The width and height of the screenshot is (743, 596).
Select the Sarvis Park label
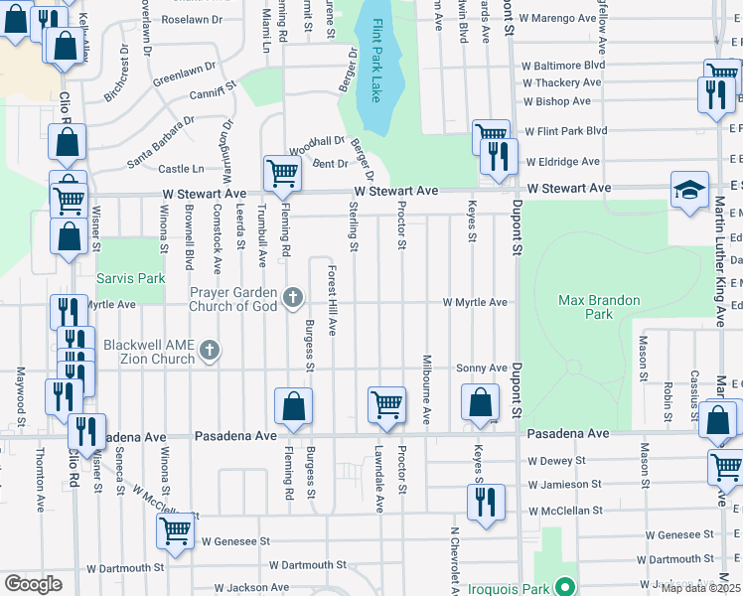point(130,279)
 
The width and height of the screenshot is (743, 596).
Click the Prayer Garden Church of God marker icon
point(292,297)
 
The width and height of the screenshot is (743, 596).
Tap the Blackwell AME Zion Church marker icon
point(209,350)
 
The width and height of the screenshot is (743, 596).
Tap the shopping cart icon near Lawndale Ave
point(386,404)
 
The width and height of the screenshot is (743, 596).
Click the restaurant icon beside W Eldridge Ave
point(499,156)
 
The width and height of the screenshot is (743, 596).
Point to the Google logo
point(33,584)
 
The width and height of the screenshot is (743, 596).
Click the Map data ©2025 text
point(701,588)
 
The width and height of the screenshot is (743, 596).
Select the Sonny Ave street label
point(482,368)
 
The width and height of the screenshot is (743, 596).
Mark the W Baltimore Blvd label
point(563,65)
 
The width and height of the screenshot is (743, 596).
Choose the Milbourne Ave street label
point(425,389)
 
